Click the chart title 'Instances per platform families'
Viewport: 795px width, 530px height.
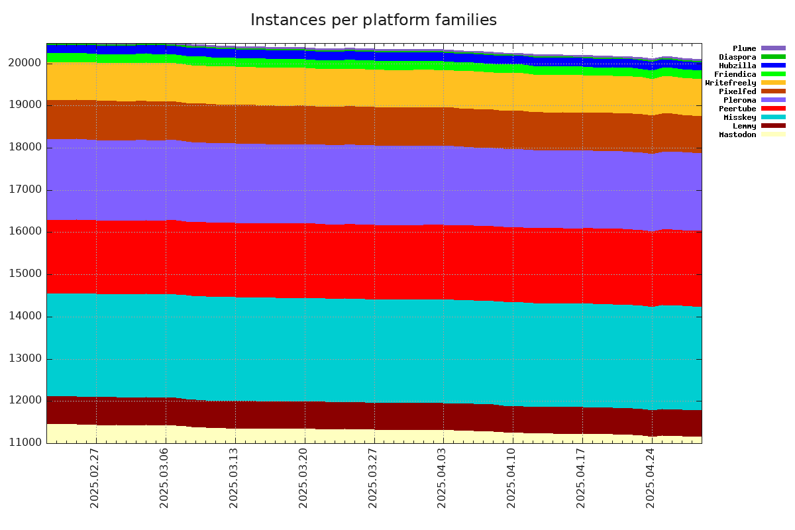tap(373, 21)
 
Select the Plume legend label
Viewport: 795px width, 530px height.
tap(744, 48)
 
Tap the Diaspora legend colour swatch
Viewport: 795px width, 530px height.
tap(772, 57)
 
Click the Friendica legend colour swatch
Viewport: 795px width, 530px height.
tap(772, 74)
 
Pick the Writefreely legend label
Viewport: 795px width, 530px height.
tap(730, 83)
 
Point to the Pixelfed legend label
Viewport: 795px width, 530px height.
tap(737, 91)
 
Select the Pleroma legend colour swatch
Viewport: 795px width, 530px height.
tap(772, 100)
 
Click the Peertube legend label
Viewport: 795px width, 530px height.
tap(737, 109)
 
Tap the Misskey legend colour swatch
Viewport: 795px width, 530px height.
tap(772, 117)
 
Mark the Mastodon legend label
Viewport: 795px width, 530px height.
tap(737, 134)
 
